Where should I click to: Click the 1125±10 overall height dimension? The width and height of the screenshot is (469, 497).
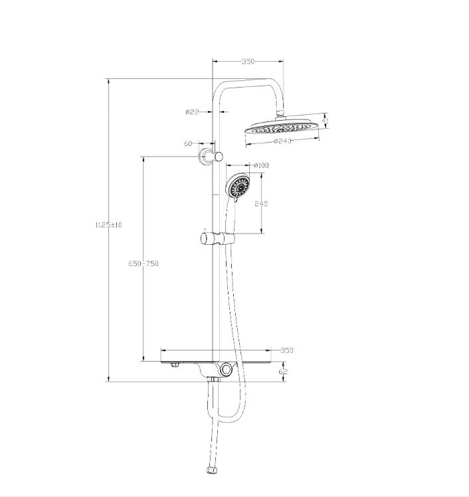pyautogui.click(x=109, y=225)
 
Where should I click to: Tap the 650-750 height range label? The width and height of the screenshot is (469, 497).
pyautogui.click(x=143, y=263)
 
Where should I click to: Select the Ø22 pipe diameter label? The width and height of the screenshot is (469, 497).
pyautogui.click(x=192, y=112)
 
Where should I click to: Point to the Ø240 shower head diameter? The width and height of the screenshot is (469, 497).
pyautogui.click(x=282, y=141)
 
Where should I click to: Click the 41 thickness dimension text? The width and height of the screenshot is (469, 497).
pyautogui.click(x=326, y=120)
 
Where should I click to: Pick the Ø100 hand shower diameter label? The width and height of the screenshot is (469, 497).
pyautogui.click(x=260, y=165)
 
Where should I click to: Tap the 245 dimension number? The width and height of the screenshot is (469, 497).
pyautogui.click(x=261, y=204)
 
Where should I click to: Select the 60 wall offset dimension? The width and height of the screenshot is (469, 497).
pyautogui.click(x=188, y=143)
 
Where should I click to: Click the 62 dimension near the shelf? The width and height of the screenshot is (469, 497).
pyautogui.click(x=284, y=372)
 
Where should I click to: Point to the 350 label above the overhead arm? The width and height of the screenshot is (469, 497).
pyautogui.click(x=247, y=62)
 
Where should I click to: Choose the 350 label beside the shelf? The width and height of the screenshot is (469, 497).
pyautogui.click(x=286, y=350)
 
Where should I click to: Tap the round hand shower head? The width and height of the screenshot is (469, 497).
pyautogui.click(x=238, y=186)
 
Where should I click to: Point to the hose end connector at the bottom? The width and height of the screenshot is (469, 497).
pyautogui.click(x=212, y=472)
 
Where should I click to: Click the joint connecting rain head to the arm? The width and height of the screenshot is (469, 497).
pyautogui.click(x=282, y=116)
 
